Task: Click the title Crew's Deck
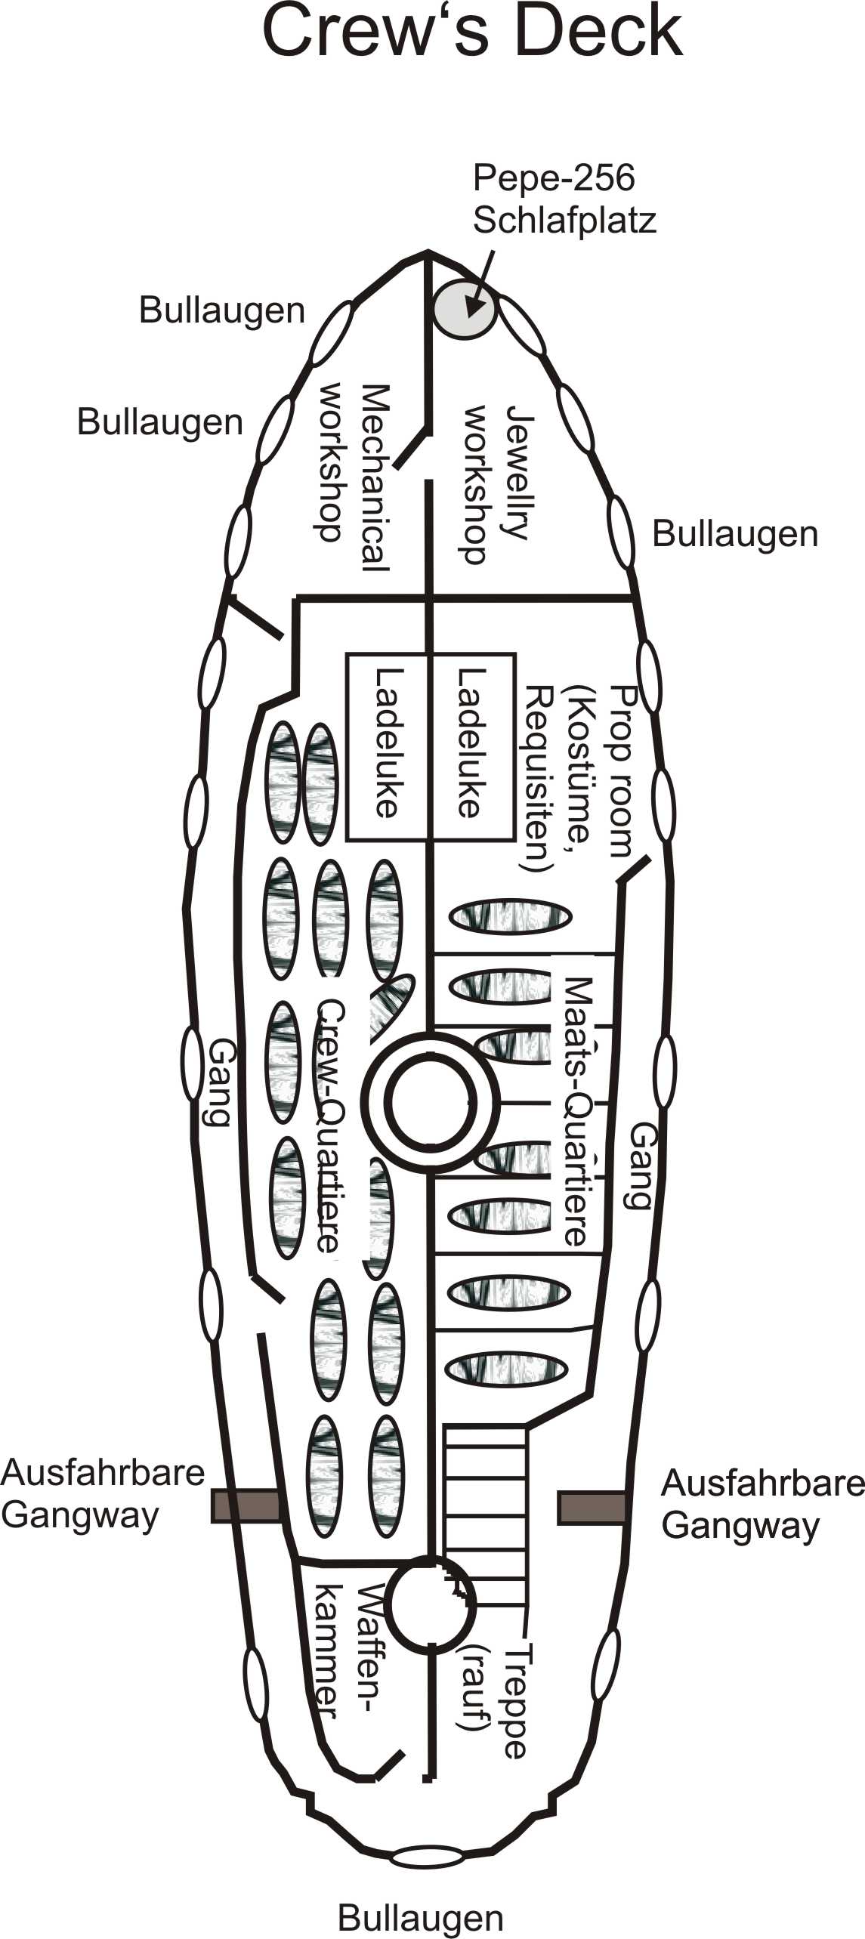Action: tap(472, 32)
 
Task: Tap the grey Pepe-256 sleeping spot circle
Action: tap(464, 309)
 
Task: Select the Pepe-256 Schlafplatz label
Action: tap(564, 199)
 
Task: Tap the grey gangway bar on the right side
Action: tap(592, 1508)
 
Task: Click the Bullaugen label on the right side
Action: tap(734, 534)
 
